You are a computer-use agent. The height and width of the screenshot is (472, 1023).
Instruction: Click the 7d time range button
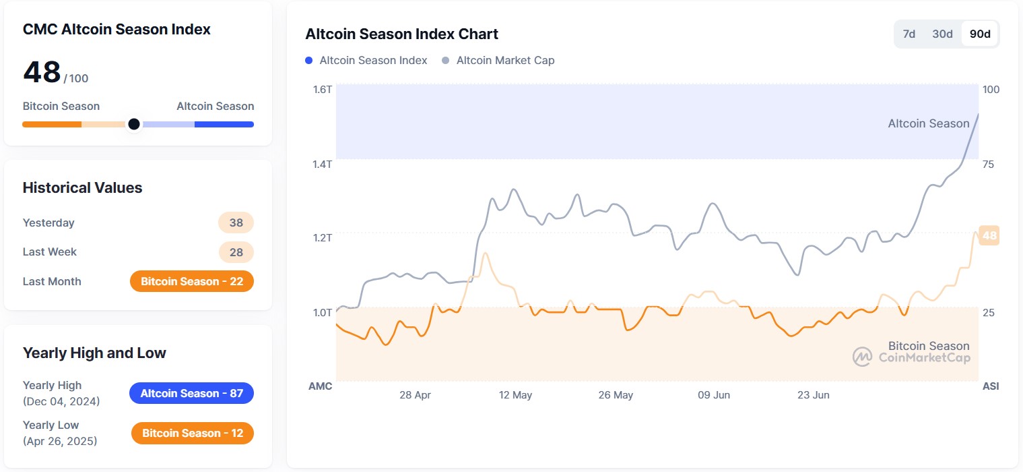[x=909, y=34]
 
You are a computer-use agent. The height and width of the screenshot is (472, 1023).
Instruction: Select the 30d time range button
[x=942, y=34]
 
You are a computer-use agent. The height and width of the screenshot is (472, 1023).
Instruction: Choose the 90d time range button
[x=980, y=34]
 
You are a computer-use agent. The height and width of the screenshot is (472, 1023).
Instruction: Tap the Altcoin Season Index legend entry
[x=366, y=60]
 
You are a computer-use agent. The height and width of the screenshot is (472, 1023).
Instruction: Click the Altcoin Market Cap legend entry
[x=498, y=60]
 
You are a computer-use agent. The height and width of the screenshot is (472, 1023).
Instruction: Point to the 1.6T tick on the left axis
[x=322, y=89]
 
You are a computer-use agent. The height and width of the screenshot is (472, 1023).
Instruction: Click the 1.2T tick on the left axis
[x=322, y=237]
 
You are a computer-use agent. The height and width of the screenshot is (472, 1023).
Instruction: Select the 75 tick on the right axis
[x=989, y=164]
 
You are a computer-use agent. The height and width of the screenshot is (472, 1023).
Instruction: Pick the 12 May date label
[x=515, y=394]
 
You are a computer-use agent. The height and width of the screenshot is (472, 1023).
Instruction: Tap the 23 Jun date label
[x=813, y=394]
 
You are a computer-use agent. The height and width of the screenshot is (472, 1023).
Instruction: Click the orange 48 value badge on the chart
[x=989, y=236]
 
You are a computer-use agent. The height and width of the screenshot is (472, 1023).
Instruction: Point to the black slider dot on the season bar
[x=134, y=124]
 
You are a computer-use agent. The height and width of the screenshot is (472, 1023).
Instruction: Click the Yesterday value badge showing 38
[x=236, y=223]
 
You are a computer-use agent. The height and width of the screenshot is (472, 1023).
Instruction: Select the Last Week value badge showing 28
[x=236, y=252]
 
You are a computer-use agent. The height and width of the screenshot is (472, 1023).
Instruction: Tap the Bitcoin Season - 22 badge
[x=192, y=281]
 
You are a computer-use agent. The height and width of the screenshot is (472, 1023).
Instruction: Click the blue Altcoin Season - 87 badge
[x=191, y=393]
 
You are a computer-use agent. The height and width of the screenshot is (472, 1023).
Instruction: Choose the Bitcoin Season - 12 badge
[x=192, y=433]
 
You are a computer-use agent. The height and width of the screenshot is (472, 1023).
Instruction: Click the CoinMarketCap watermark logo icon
[x=862, y=357]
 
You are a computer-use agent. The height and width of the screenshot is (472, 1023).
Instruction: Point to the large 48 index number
[x=42, y=72]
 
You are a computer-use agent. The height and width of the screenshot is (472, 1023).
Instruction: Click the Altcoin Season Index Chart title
[x=401, y=34]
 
